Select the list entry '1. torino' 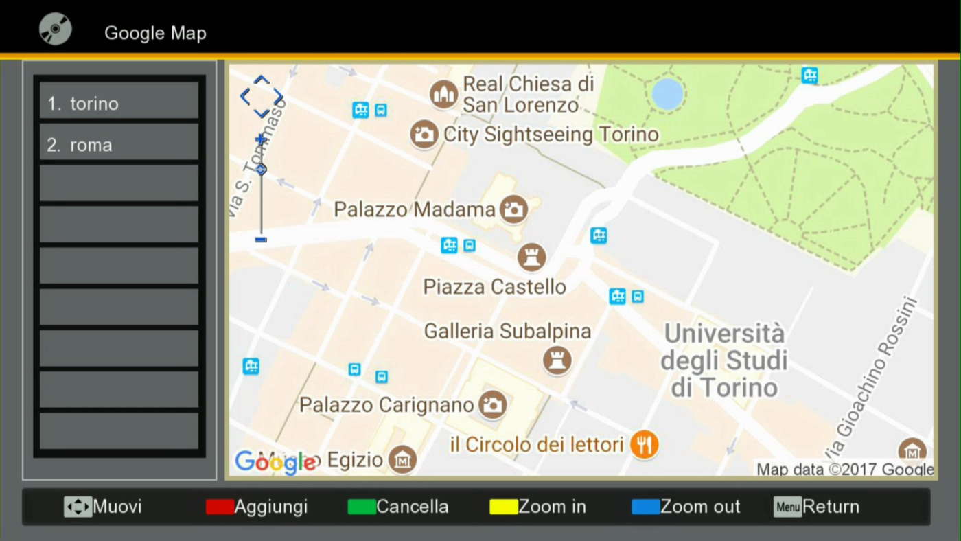tap(119, 104)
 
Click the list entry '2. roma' tap(119, 145)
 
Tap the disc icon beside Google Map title tap(55, 30)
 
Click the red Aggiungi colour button tap(220, 507)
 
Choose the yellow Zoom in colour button tap(503, 507)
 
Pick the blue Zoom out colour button tap(645, 507)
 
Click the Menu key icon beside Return tap(787, 507)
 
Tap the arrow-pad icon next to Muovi tap(78, 507)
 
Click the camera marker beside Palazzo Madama tap(513, 209)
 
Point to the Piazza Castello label tap(494, 287)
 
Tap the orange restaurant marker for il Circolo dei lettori tap(644, 445)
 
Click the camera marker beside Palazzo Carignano tap(492, 404)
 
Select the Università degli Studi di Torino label tap(724, 361)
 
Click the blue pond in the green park tap(667, 93)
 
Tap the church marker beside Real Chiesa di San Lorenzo tap(443, 94)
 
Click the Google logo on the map tap(275, 462)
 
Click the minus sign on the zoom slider tap(261, 240)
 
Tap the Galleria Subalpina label tap(507, 332)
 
